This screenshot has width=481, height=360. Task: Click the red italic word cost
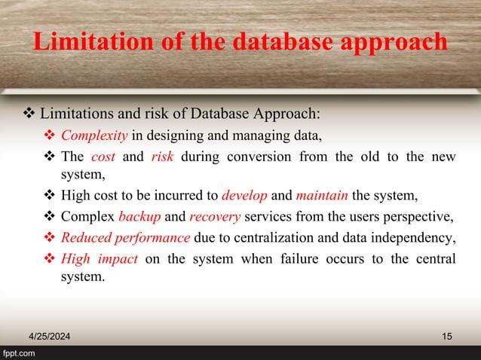click(103, 157)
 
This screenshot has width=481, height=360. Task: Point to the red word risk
click(163, 157)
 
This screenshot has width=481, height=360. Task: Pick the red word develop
click(245, 197)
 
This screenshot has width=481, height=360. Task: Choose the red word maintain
click(322, 197)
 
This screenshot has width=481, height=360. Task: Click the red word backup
click(139, 218)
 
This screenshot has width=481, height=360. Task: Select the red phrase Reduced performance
click(125, 239)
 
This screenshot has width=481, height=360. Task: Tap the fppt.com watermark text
click(18, 353)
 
